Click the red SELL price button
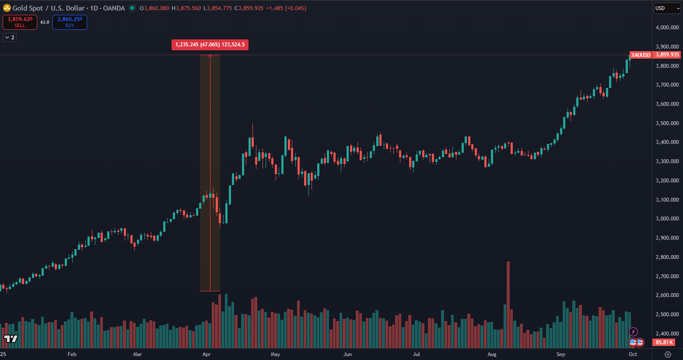20,22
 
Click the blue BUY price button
70,22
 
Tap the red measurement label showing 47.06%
210,45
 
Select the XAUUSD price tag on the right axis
641,55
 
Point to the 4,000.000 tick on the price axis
667,28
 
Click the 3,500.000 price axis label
667,123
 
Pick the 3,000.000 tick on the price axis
667,219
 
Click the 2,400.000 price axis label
667,334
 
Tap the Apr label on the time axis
207,354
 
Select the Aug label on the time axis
492,354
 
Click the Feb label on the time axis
72,354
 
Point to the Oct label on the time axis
633,354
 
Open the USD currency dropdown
667,8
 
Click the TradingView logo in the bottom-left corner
11,339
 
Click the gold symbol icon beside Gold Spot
7,8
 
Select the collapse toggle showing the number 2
10,38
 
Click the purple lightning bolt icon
633,332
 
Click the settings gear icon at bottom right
668,354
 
